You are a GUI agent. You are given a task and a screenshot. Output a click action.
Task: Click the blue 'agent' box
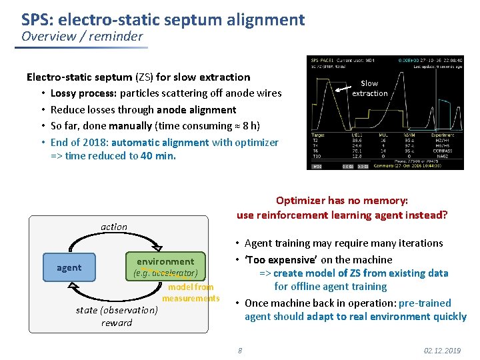pos(69,267)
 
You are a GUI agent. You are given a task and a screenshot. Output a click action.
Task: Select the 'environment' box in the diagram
pos(165,267)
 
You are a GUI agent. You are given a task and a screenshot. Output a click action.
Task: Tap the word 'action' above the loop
pos(114,227)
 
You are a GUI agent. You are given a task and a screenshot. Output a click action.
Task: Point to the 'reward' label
pos(117,323)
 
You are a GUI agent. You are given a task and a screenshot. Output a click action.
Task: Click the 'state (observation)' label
pos(117,309)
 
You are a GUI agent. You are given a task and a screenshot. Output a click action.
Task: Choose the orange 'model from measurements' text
pos(190,293)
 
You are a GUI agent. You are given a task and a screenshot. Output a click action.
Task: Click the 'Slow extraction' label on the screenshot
pos(369,88)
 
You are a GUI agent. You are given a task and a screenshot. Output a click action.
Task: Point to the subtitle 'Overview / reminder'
pos(82,37)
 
